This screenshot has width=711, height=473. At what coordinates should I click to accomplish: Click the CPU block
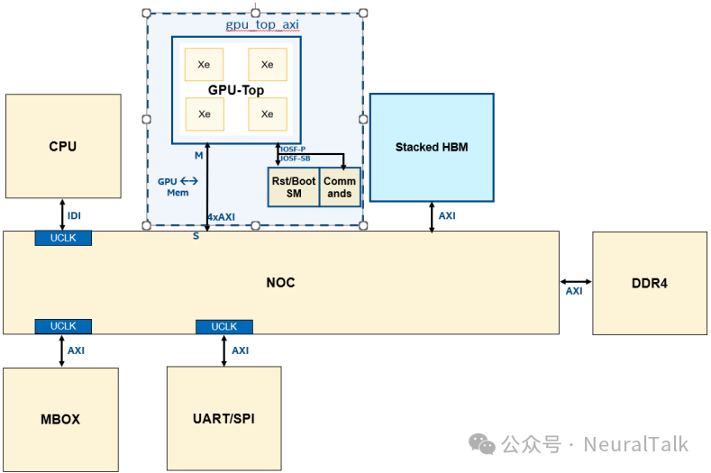click(x=63, y=146)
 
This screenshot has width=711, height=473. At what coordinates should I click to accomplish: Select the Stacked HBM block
click(x=432, y=147)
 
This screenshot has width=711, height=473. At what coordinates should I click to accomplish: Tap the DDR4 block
click(x=650, y=283)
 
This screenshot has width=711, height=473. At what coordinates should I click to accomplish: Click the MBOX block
click(x=60, y=419)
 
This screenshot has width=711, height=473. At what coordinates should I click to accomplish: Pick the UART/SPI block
click(x=224, y=419)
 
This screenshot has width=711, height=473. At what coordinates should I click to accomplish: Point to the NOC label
click(x=280, y=283)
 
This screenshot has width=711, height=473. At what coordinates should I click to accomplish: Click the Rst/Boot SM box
click(x=294, y=187)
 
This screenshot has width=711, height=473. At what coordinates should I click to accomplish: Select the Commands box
click(x=340, y=187)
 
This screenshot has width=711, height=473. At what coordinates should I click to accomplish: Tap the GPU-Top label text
click(x=235, y=90)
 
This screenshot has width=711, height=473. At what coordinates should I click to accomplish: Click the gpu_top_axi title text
click(x=255, y=25)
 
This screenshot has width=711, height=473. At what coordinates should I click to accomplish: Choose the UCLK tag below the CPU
click(x=63, y=238)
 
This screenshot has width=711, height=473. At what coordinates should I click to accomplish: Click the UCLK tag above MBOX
click(x=63, y=326)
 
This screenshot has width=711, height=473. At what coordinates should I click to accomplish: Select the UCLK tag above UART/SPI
click(x=223, y=326)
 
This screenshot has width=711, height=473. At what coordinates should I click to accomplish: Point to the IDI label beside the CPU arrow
click(x=75, y=215)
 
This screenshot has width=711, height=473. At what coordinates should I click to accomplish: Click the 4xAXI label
click(x=222, y=218)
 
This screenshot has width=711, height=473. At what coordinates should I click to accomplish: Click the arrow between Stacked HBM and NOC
click(x=432, y=216)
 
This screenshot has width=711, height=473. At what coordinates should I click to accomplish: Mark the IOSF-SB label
click(x=293, y=159)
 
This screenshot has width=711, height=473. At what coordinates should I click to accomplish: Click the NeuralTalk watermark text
click(x=635, y=444)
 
